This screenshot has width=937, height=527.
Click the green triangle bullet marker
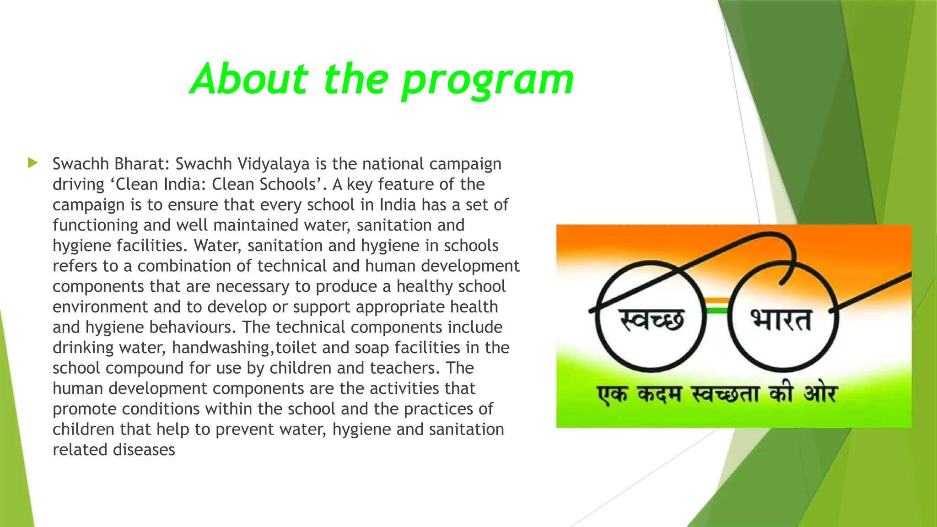click(x=32, y=162)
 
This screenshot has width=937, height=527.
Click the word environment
click(x=100, y=307)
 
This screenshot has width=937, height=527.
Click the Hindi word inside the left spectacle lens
click(x=652, y=319)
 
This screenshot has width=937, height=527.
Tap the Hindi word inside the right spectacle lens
click(x=781, y=319)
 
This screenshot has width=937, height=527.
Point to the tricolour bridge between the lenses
click(x=716, y=306)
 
